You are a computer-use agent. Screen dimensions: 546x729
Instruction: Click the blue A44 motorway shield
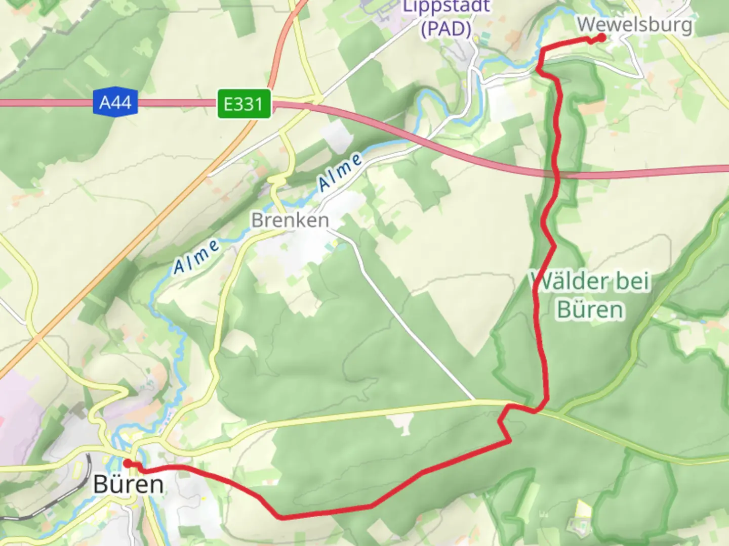pyautogui.click(x=115, y=103)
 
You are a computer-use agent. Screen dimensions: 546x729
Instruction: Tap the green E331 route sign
pyautogui.click(x=244, y=104)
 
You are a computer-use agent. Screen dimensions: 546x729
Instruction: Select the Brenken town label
pyautogui.click(x=290, y=220)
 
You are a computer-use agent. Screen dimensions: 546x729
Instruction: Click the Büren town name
pyautogui.click(x=129, y=484)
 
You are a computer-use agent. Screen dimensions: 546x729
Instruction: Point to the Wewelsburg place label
pyautogui.click(x=634, y=24)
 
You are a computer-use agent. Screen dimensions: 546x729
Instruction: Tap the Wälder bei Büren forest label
pyautogui.click(x=590, y=295)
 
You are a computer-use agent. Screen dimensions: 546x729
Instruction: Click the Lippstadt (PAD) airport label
pyautogui.click(x=446, y=18)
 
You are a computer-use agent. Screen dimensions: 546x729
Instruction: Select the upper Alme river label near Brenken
pyautogui.click(x=341, y=172)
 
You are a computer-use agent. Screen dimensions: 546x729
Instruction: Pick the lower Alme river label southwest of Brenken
pyautogui.click(x=196, y=257)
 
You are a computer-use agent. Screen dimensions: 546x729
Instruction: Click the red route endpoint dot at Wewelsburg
pyautogui.click(x=602, y=37)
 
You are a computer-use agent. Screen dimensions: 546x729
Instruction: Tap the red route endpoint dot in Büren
pyautogui.click(x=127, y=463)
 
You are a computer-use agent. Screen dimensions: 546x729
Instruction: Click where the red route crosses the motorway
pyautogui.click(x=556, y=173)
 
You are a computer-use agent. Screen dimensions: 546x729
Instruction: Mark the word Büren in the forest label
pyautogui.click(x=590, y=309)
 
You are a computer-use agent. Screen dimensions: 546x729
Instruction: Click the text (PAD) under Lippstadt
pyautogui.click(x=446, y=29)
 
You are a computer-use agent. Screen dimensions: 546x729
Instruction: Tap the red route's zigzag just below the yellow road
pyautogui.click(x=504, y=427)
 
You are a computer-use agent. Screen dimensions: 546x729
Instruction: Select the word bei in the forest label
pyautogui.click(x=631, y=281)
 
